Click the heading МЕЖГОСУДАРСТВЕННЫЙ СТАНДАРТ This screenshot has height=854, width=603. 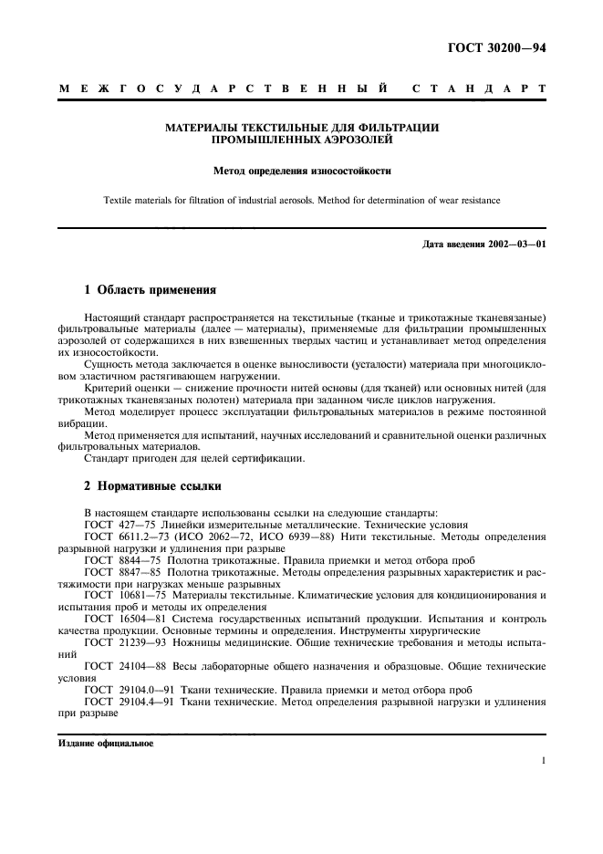302,89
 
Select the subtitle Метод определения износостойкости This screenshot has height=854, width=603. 302,170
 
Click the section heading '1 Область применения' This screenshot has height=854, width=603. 150,290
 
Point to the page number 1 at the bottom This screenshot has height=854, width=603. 543,759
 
